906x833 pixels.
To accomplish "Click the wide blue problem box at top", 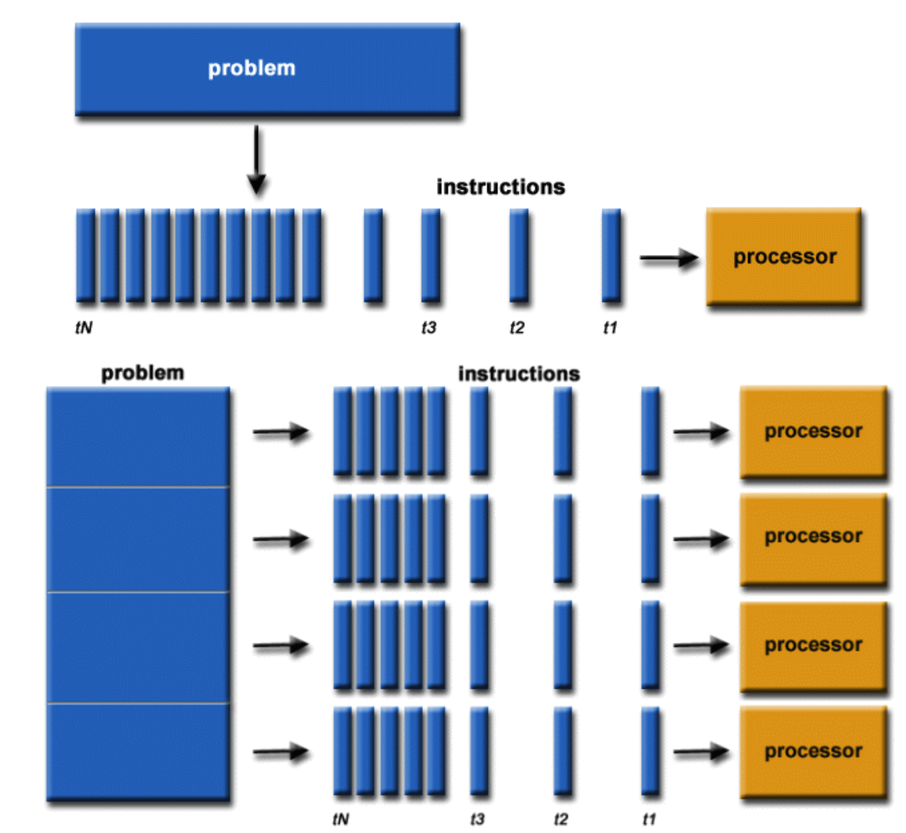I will coord(267,68).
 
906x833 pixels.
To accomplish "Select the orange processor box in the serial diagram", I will coord(783,256).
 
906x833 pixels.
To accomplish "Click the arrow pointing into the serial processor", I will coord(669,258).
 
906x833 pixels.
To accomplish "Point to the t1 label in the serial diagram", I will coord(610,328).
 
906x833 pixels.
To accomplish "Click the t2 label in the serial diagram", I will coord(517,328).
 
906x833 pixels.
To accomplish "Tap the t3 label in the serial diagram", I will coord(429,328).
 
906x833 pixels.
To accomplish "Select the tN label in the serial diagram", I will coord(84,328).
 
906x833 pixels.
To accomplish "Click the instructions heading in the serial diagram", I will coord(501,187).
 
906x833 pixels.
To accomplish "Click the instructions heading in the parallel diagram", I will coord(519,374).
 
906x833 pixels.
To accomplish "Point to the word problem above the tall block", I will coord(142,373).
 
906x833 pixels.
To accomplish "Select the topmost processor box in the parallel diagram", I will coord(813,431).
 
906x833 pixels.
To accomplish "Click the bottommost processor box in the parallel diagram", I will coord(813,751).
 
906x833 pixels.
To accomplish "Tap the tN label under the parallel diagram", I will coord(340,819).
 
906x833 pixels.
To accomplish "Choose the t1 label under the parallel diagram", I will coord(649,819).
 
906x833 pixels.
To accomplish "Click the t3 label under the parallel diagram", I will coord(477,819).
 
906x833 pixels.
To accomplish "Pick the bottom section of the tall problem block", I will coord(138,751).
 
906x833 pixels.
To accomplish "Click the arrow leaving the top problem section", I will coord(281,431).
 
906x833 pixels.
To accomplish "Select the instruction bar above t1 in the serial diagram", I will coord(611,256).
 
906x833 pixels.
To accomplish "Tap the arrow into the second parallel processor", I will coord(701,539).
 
